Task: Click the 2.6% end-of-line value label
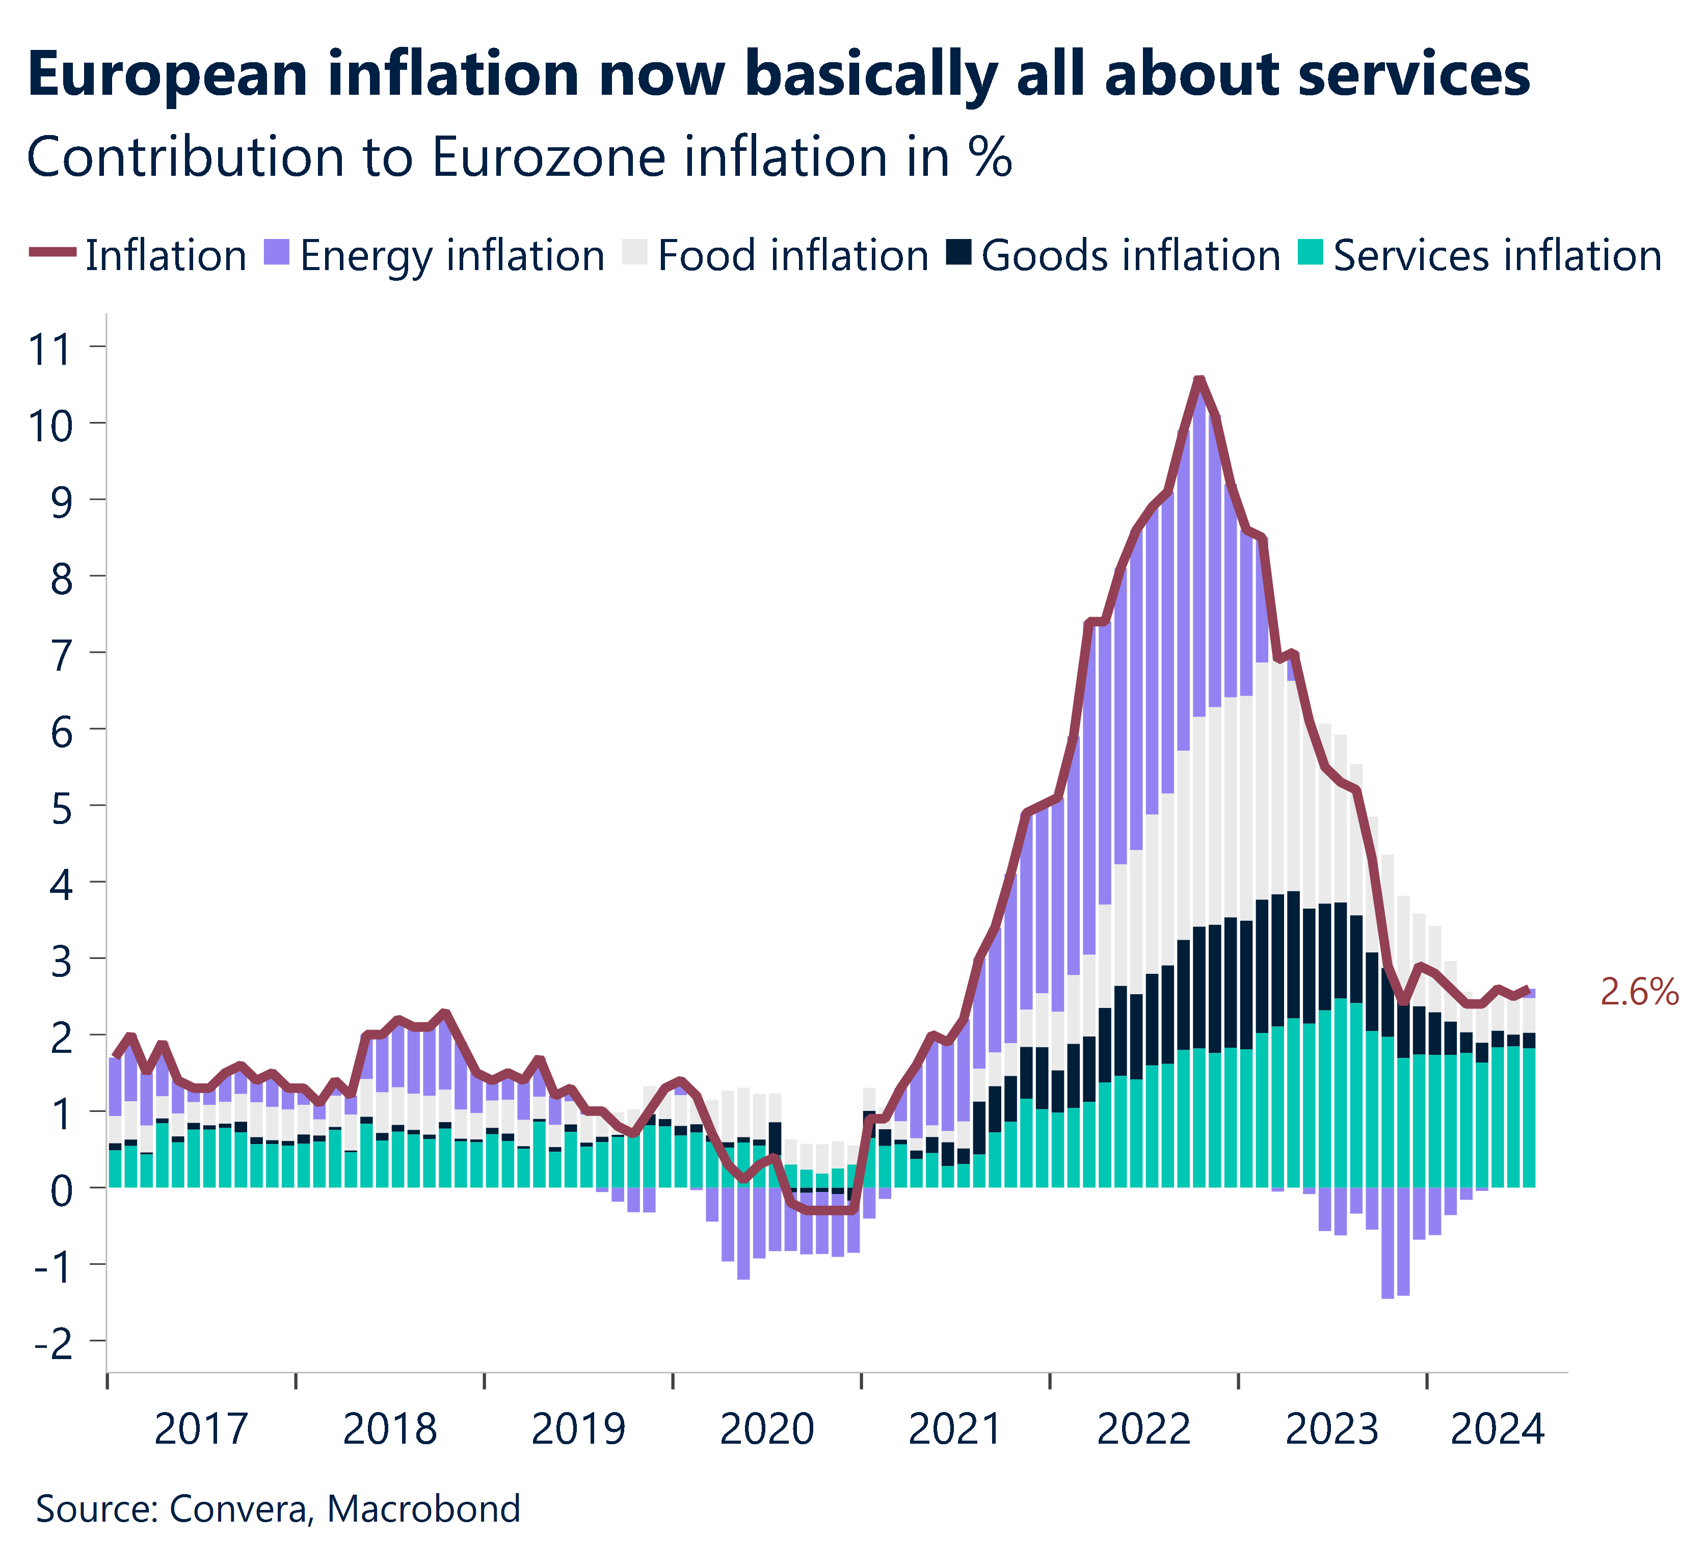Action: [1638, 992]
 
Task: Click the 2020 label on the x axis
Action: [766, 1429]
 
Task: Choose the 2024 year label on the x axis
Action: [1498, 1429]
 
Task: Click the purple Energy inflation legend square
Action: [277, 253]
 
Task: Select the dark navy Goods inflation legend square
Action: [959, 253]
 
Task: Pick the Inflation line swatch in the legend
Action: [52, 253]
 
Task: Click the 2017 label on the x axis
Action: [201, 1429]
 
